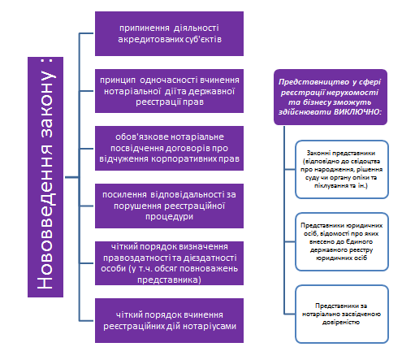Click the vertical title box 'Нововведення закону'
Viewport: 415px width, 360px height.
(45, 177)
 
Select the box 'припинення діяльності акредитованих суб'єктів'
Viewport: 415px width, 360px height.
(169, 33)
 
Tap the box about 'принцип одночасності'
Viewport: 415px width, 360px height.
(169, 91)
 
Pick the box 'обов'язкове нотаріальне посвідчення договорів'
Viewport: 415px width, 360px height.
(169, 148)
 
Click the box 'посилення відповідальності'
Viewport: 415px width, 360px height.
(169, 206)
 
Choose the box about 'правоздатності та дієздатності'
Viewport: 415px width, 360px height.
(169, 263)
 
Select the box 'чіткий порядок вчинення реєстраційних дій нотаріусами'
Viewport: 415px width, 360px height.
(169, 321)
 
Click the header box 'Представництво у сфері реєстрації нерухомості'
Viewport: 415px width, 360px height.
(331, 97)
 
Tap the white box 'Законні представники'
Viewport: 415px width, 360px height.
(342, 170)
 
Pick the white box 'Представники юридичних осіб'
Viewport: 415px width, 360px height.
(342, 242)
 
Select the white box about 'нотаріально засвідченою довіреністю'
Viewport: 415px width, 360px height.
(342, 314)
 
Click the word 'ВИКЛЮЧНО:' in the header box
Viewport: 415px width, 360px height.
(357, 112)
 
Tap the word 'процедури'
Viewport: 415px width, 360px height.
(169, 217)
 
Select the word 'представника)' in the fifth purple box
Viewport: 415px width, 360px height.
(169, 280)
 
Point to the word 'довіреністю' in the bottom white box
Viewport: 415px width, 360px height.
(341, 323)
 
